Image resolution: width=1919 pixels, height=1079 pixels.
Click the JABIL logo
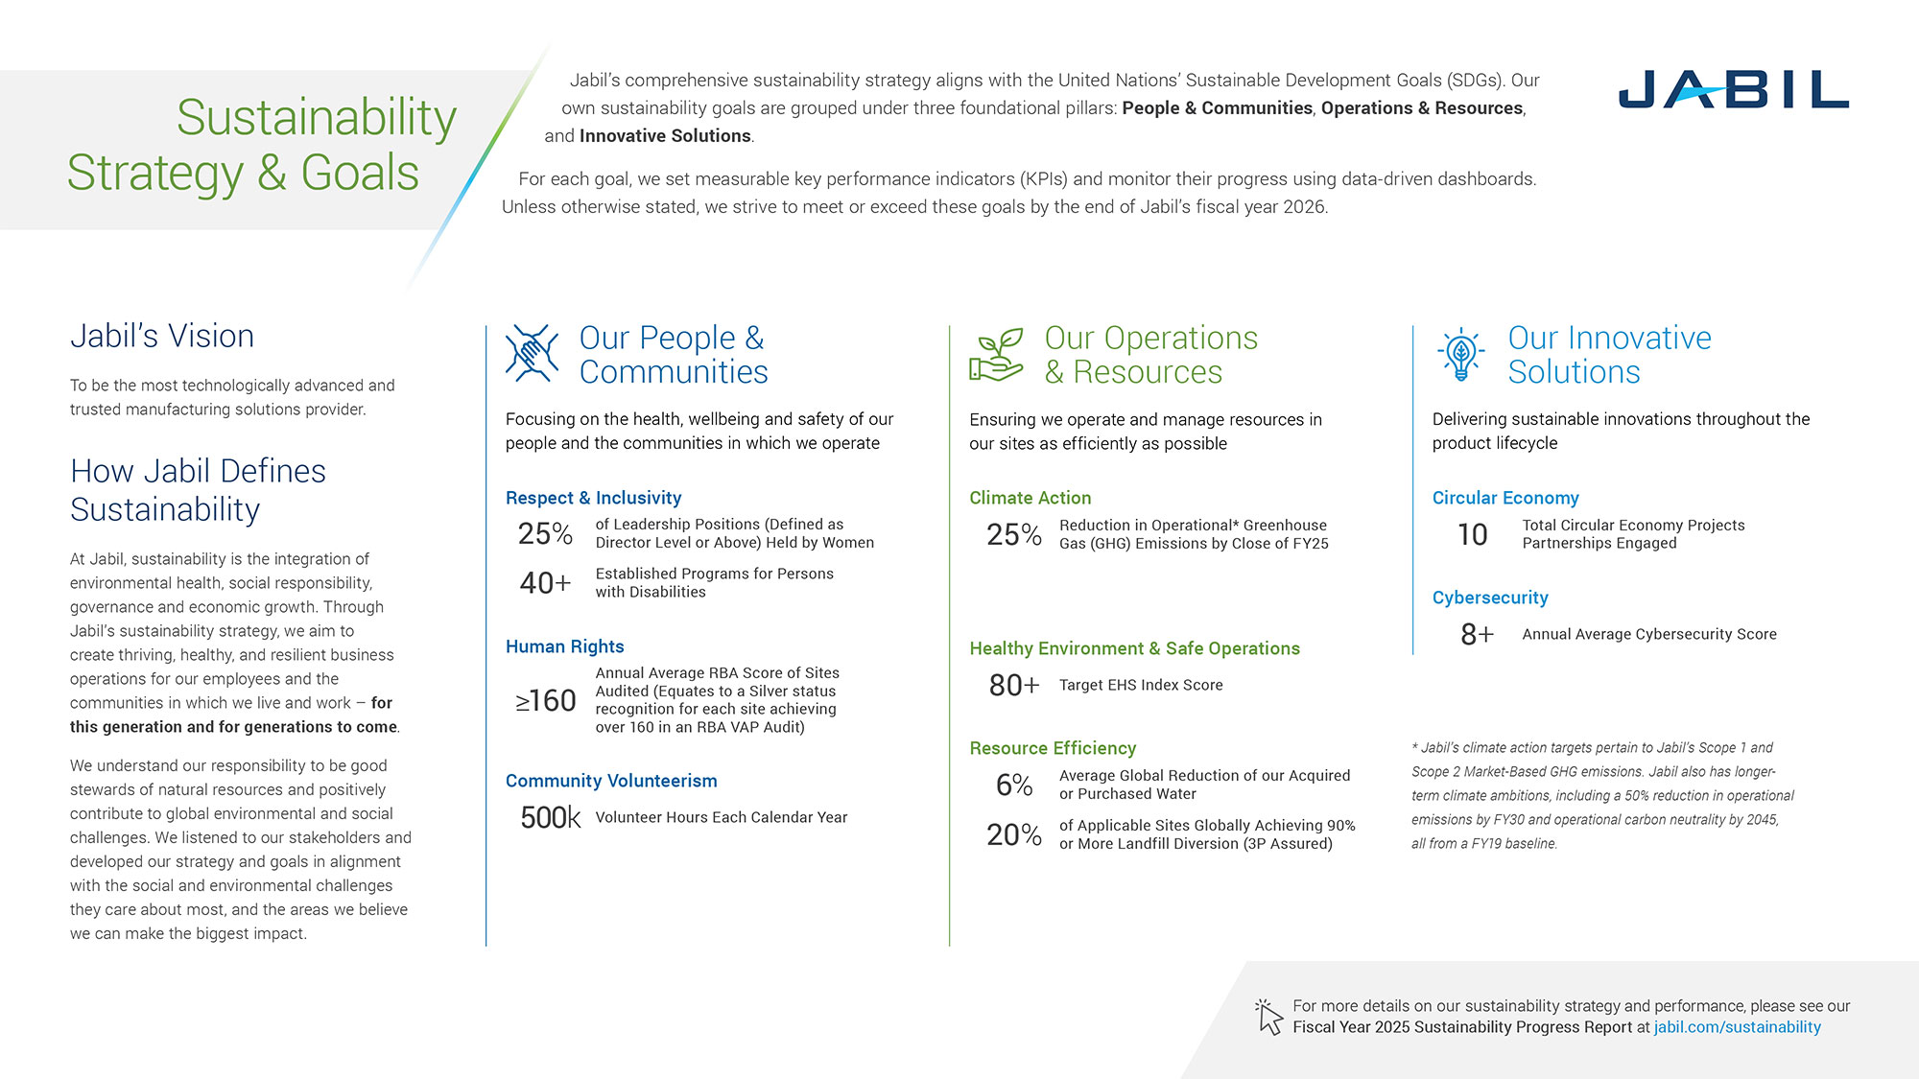(1733, 89)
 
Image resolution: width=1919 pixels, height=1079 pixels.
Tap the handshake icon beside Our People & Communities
(532, 353)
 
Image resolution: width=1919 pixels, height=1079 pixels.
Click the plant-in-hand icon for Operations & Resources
(996, 354)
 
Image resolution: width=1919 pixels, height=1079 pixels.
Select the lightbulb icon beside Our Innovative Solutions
(1460, 354)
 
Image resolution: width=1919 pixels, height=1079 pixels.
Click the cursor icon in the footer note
(1269, 1017)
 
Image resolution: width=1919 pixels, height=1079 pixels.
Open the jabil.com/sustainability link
(1737, 1027)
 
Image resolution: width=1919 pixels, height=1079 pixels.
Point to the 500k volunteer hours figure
(550, 817)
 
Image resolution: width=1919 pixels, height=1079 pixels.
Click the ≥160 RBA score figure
(545, 701)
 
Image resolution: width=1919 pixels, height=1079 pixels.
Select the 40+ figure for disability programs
(545, 582)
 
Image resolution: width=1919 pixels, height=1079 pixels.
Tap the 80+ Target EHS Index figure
(1014, 685)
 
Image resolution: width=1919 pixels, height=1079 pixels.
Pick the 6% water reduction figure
(1014, 785)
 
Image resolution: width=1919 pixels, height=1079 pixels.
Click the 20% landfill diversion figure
(1014, 834)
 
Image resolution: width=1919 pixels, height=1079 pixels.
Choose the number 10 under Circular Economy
(1472, 534)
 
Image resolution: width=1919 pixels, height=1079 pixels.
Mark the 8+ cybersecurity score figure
(1477, 634)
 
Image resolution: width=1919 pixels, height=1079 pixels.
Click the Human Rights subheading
(564, 646)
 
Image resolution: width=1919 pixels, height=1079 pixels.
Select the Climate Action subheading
(1030, 498)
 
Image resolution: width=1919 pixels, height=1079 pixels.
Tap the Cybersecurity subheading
(1490, 598)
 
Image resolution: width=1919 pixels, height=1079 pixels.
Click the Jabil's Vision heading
(162, 336)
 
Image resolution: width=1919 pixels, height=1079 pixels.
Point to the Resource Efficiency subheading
(1053, 748)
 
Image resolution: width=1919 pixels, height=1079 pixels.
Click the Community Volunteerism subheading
(611, 781)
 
